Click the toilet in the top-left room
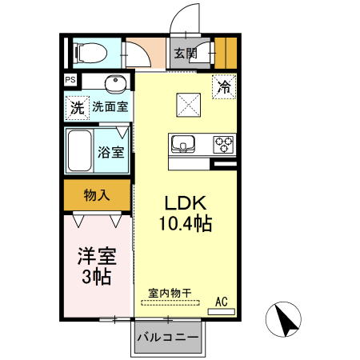pos(90,53)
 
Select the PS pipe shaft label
pos(71,81)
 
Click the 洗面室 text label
pos(111,106)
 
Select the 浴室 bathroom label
pos(110,151)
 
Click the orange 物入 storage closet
pos(97,195)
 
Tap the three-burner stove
pos(224,145)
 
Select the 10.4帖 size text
pos(185,224)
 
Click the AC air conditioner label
pos(222,302)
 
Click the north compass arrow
pos(285,320)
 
